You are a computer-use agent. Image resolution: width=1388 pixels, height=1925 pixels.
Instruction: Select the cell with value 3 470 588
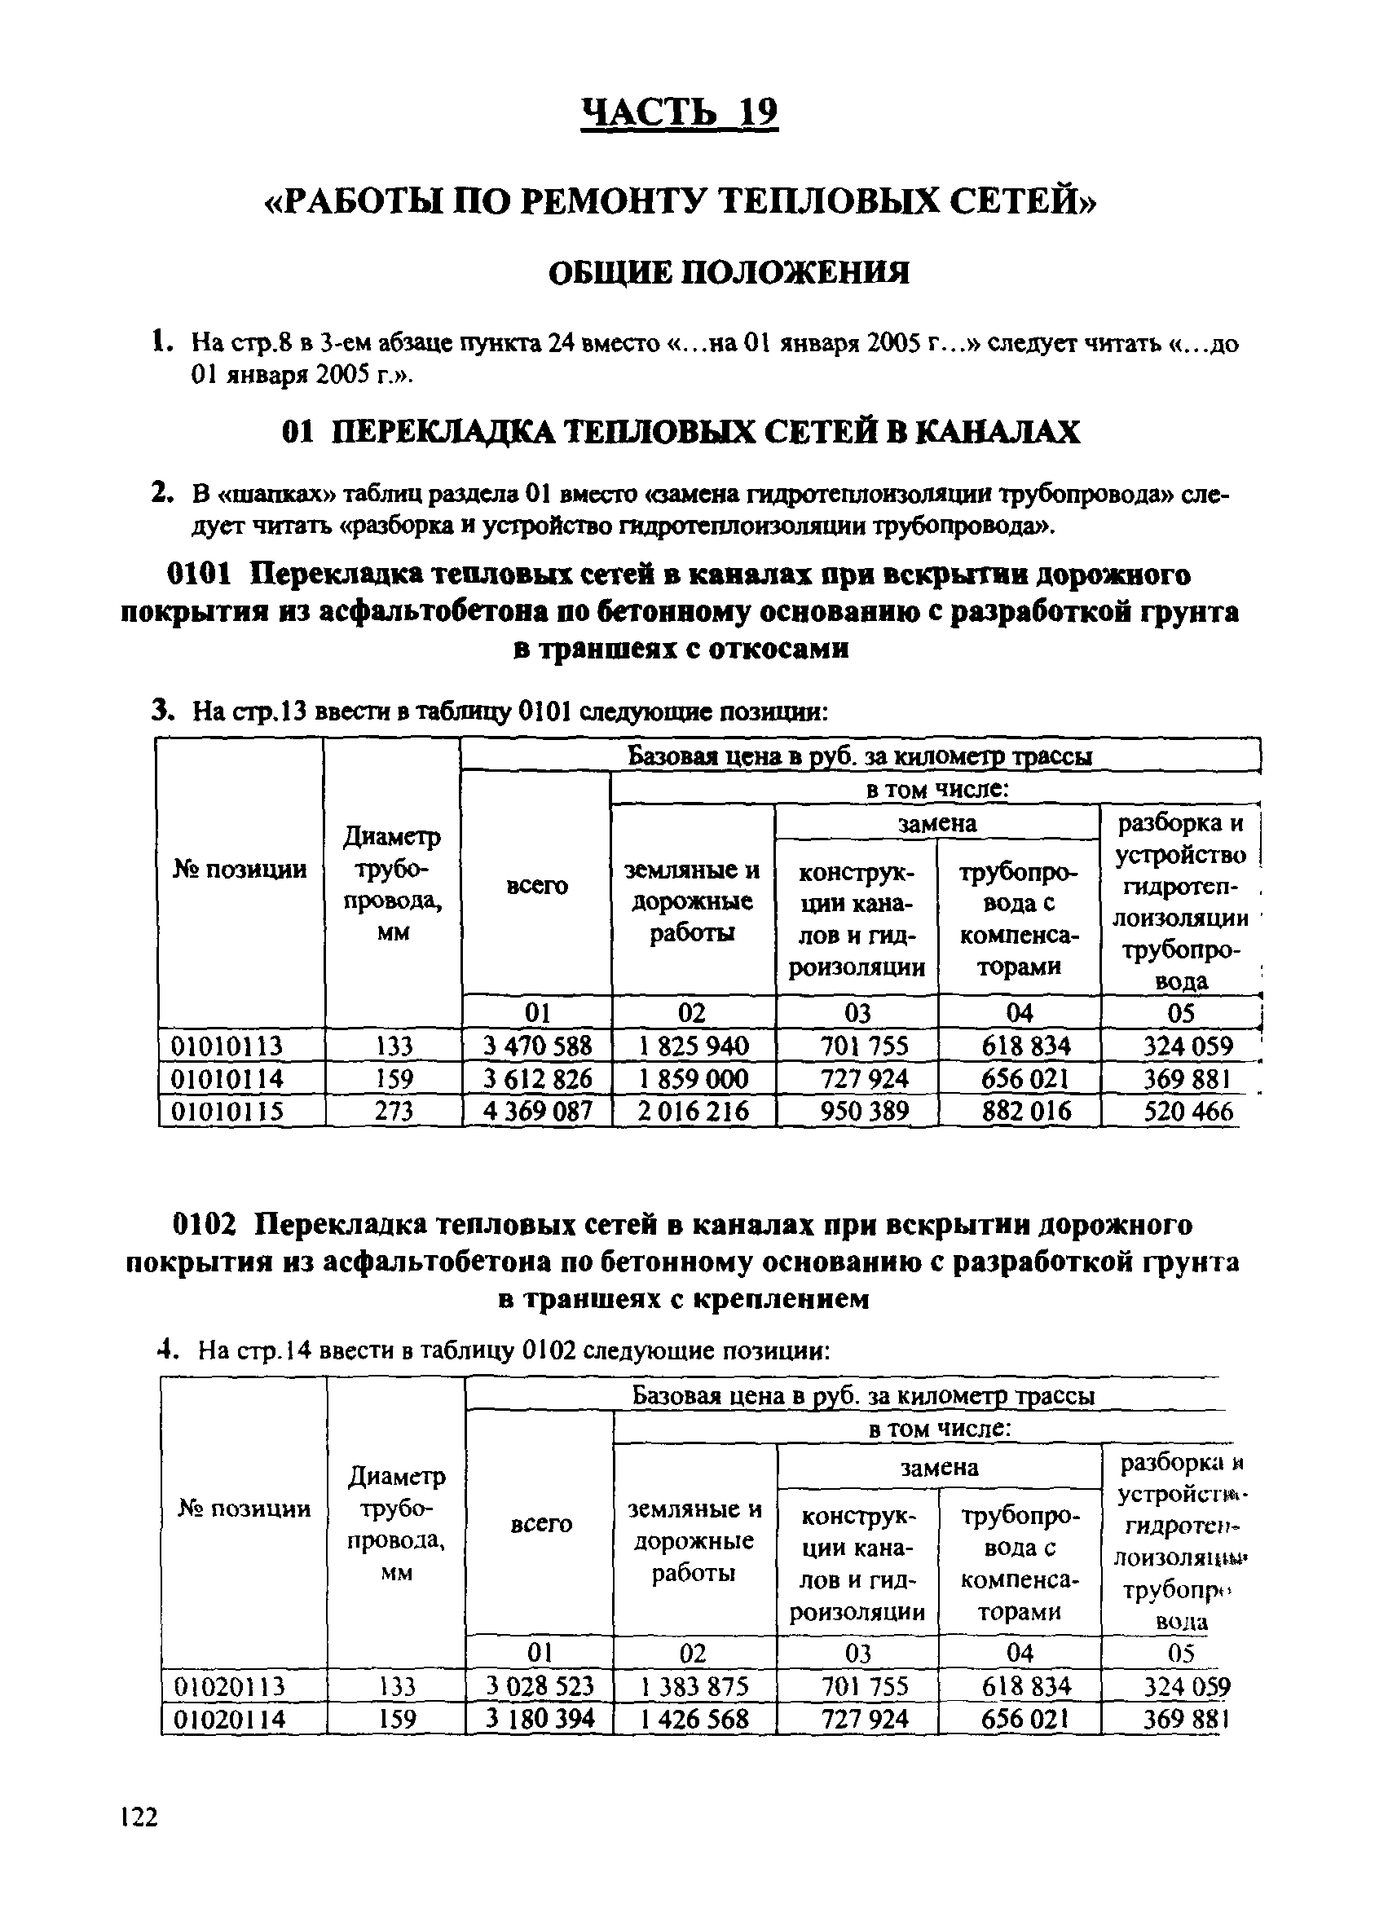pos(536,1045)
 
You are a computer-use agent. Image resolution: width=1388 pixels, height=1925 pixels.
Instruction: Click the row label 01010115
pos(227,1111)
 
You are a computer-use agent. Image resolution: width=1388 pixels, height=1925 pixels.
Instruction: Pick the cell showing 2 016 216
pos(693,1111)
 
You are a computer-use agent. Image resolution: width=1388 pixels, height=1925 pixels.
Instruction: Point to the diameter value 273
pos(393,1111)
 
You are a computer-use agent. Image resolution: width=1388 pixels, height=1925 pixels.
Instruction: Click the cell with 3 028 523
pos(540,1685)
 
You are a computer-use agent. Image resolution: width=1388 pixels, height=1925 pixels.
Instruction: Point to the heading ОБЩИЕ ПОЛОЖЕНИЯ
pos(728,272)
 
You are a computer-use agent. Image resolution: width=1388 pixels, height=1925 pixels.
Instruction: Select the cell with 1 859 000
pos(693,1079)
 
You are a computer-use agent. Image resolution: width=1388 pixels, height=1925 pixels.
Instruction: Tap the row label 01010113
pos(227,1046)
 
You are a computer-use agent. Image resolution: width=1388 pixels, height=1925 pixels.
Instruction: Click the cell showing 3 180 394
pos(540,1719)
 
